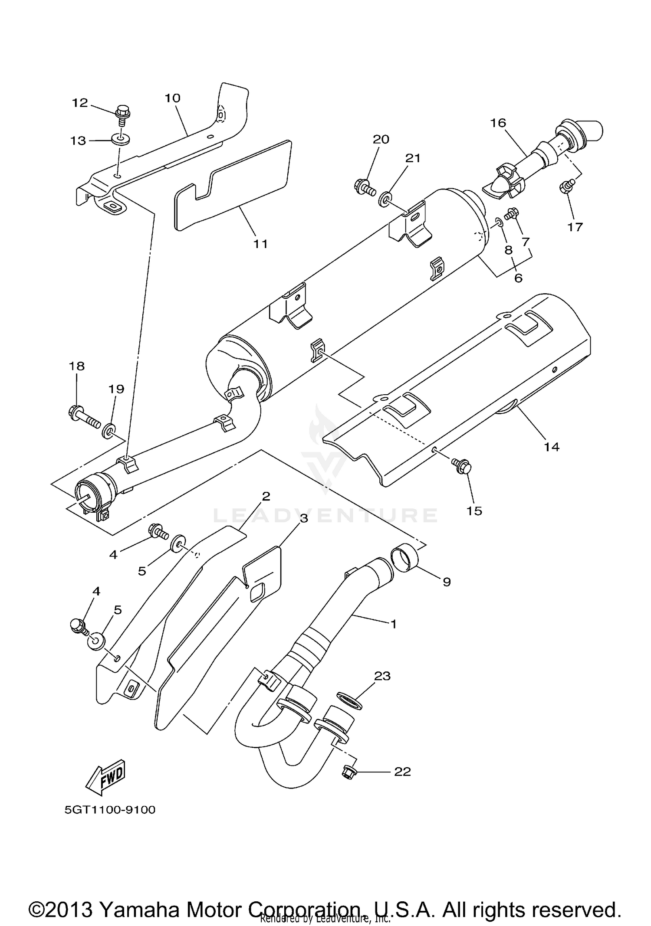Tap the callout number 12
[80, 103]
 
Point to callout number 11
[260, 244]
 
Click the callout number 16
[498, 123]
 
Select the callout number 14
[552, 446]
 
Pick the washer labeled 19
[108, 432]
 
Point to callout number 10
[172, 98]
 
